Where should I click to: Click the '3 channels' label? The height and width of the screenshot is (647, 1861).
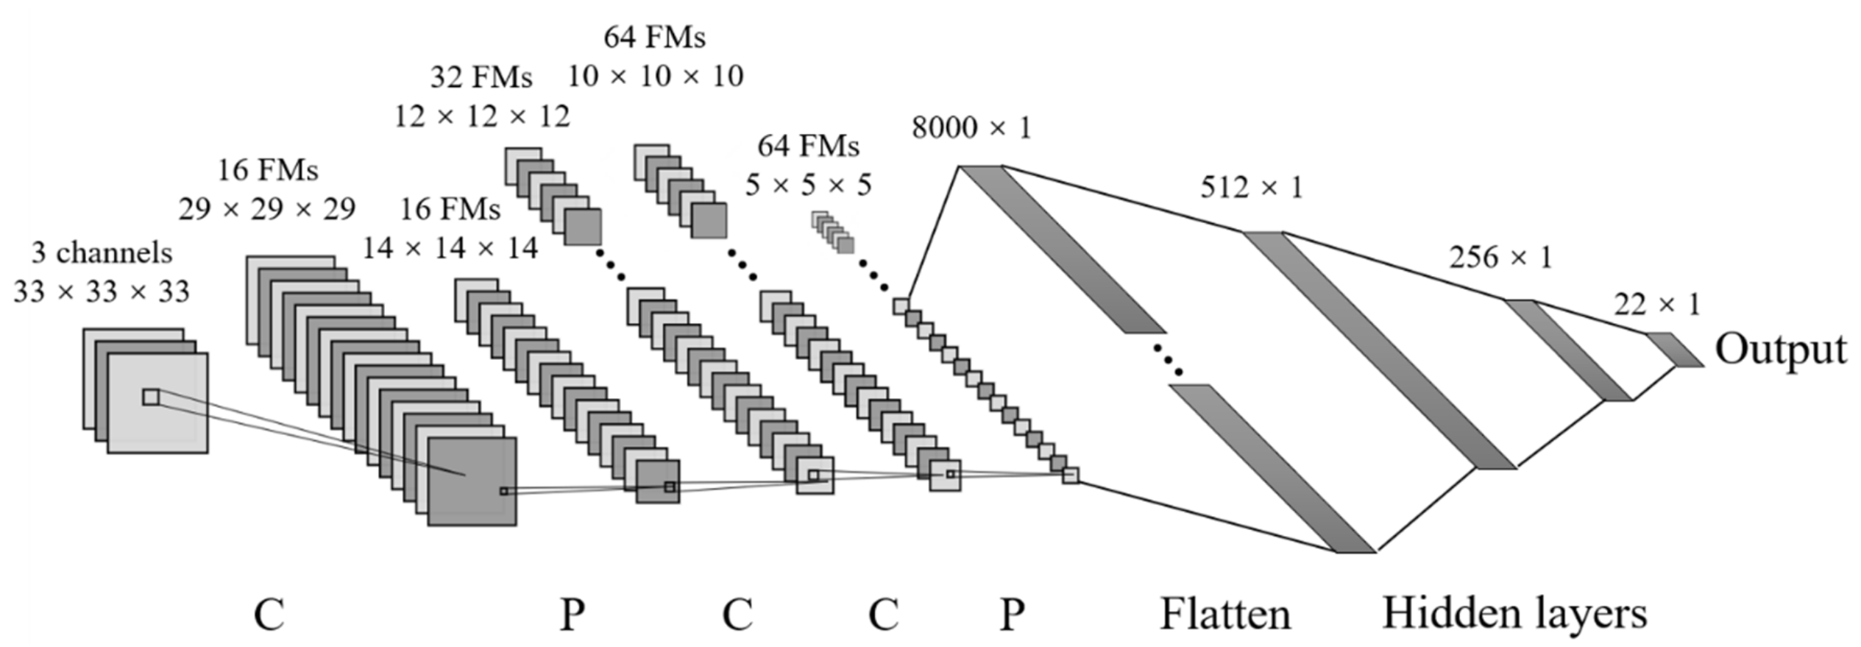[102, 253]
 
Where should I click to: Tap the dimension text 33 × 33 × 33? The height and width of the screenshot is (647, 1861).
[102, 292]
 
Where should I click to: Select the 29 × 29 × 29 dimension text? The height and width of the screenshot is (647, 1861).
[266, 210]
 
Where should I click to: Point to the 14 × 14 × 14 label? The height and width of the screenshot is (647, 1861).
[450, 249]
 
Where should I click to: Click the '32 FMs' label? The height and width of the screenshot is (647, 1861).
[481, 77]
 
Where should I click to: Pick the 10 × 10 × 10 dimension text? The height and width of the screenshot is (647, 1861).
[655, 76]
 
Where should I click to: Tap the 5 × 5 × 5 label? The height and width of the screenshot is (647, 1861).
[808, 185]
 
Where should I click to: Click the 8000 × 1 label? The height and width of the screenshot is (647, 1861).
[971, 128]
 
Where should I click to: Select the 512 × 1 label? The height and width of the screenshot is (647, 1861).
[1251, 188]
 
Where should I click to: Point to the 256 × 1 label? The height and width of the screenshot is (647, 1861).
[1500, 258]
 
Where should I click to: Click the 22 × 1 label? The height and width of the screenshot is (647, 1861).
[1657, 305]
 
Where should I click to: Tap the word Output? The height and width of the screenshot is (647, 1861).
[1781, 350]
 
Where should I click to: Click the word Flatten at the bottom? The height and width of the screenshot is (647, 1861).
[1225, 614]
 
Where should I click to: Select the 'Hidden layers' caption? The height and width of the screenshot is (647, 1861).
[1514, 612]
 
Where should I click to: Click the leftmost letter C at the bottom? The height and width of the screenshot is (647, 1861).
[269, 614]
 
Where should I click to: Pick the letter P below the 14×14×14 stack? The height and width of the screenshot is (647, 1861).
[573, 614]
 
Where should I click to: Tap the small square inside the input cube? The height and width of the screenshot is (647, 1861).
[151, 397]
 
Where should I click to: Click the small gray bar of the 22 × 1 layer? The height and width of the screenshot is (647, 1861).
[1674, 350]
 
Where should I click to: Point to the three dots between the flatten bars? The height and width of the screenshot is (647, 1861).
[1168, 360]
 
